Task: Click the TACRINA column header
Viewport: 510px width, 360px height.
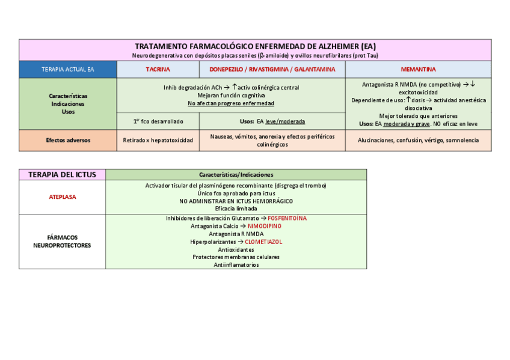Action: click(158, 70)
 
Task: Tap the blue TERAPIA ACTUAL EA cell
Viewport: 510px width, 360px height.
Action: click(68, 70)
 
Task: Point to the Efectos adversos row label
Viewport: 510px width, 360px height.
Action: click(68, 140)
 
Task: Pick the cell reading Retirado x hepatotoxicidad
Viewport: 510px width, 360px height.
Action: click(158, 140)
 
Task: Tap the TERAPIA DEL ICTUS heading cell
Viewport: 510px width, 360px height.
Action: click(62, 174)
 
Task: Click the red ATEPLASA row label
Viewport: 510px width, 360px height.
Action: click(62, 197)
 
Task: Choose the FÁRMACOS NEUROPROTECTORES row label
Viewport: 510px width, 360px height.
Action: click(62, 241)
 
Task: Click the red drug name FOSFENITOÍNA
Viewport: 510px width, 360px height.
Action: click(287, 218)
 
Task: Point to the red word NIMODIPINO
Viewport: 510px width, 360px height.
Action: click(265, 226)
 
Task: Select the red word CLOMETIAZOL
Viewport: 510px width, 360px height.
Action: click(263, 242)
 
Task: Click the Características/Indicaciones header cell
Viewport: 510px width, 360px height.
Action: click(236, 174)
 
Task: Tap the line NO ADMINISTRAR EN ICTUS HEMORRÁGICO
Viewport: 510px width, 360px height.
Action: click(236, 201)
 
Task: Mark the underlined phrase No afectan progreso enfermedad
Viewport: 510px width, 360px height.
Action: click(231, 103)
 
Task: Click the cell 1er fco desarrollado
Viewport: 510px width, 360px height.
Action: click(158, 121)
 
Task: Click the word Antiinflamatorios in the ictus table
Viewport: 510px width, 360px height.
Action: click(236, 264)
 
